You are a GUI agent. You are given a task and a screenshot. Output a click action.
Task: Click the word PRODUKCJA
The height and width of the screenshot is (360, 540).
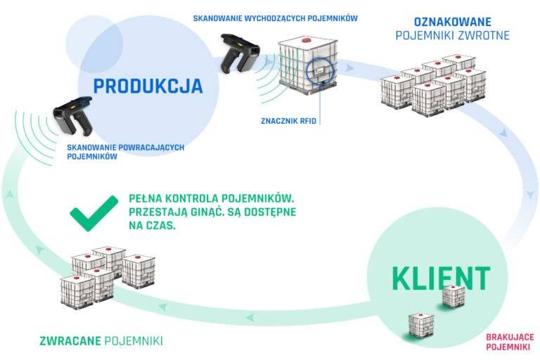click(148, 86)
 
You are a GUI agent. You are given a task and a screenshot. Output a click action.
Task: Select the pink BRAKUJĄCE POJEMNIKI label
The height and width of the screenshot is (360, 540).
click(509, 342)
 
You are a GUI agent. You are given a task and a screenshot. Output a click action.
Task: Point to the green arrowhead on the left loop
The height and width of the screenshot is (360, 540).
click(8, 193)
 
